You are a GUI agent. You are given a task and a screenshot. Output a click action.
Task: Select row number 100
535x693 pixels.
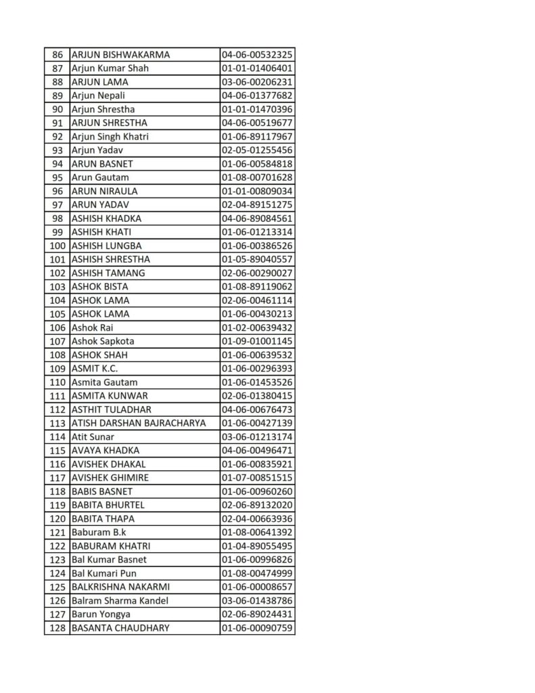[57, 246]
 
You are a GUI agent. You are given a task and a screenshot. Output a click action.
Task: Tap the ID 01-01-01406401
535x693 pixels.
[256, 68]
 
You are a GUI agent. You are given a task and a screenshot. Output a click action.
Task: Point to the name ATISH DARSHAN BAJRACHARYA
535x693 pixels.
[139, 423]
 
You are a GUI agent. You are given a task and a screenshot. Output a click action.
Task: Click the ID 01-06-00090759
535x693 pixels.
[256, 627]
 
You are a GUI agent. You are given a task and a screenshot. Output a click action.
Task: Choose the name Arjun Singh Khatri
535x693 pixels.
[110, 137]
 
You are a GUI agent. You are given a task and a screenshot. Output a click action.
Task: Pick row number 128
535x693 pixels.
[57, 627]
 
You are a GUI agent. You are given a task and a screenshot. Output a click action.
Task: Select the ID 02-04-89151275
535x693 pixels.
[256, 204]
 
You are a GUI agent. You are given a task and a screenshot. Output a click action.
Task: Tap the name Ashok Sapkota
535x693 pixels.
[103, 341]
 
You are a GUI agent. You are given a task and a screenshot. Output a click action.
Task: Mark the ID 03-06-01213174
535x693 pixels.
[256, 437]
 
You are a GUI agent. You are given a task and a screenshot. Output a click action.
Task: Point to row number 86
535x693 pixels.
[57, 55]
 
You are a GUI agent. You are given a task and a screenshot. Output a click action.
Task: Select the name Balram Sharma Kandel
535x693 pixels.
[120, 600]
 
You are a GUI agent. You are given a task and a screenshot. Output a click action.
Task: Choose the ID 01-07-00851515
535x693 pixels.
[256, 478]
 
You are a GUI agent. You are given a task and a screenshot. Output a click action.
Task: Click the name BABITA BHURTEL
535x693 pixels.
[108, 505]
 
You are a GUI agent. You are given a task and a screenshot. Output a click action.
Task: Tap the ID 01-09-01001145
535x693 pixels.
[256, 341]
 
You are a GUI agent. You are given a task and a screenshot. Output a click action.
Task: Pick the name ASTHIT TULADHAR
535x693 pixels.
[111, 409]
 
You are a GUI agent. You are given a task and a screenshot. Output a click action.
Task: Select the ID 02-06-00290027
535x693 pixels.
[256, 273]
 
